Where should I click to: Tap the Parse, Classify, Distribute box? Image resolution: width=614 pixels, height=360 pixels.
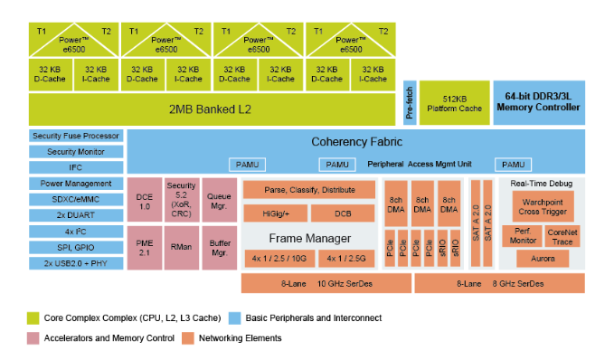coord(309,190)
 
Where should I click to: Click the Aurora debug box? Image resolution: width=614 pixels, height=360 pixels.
coord(543,258)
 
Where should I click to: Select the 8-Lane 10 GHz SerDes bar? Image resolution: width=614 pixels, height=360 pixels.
coord(326,283)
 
